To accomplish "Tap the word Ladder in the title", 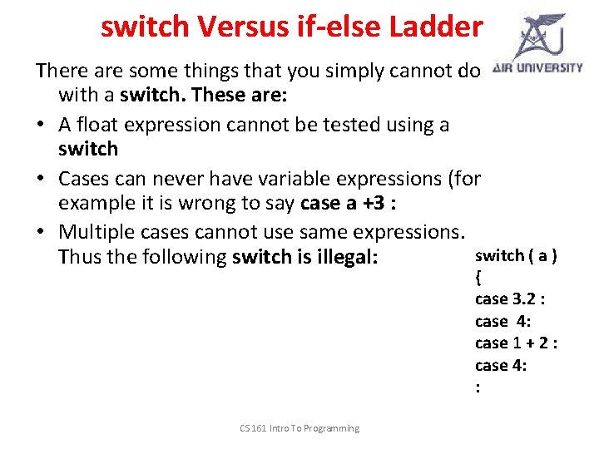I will point(435,27).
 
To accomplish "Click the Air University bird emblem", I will point(539,35).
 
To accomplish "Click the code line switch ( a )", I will point(516,255).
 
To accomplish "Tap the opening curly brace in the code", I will point(478,277).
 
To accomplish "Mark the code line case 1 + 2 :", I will point(516,343).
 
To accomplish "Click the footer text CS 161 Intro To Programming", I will point(299,428).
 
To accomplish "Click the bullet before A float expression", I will point(41,126).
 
